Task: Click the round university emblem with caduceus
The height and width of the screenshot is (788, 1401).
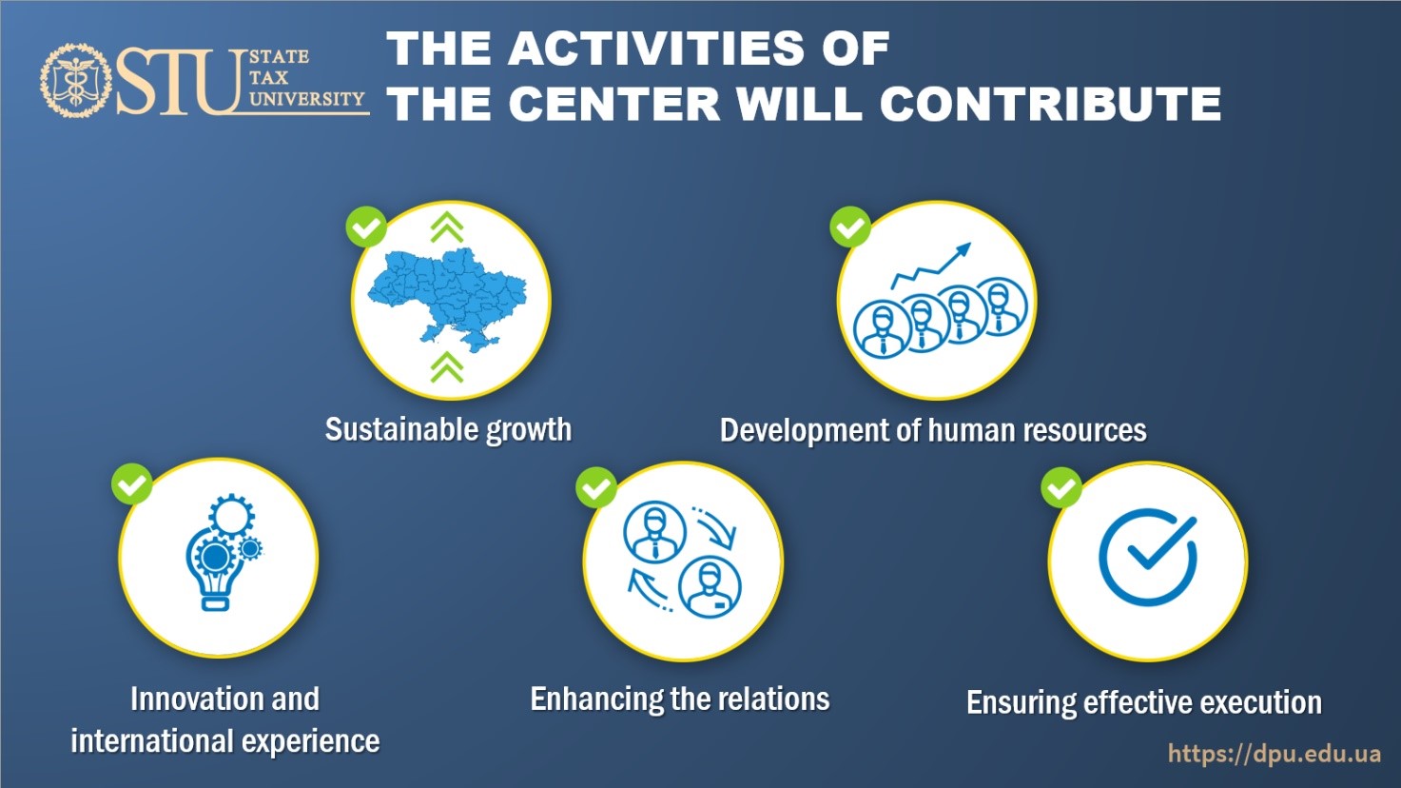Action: (76, 80)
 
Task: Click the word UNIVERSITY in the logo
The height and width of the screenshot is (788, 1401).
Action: (306, 99)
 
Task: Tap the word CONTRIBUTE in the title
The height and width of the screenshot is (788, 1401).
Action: (1050, 104)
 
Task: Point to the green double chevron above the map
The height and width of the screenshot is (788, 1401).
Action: (447, 227)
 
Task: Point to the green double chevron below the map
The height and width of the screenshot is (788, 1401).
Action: (447, 366)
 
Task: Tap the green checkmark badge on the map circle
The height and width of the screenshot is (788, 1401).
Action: (366, 227)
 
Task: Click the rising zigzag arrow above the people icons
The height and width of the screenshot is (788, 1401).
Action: (931, 266)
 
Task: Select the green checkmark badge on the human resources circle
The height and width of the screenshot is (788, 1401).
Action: (850, 227)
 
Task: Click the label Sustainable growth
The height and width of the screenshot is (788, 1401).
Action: (448, 430)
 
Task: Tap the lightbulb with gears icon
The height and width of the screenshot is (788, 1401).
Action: (224, 552)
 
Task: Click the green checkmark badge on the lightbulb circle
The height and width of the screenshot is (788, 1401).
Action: (132, 483)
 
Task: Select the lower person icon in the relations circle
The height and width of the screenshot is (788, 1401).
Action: (710, 588)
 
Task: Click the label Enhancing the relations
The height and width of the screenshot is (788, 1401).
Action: (680, 699)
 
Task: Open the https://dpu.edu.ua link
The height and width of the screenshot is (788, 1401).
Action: (1275, 754)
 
